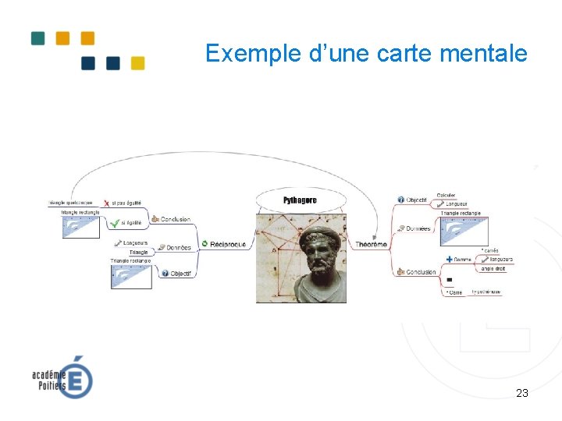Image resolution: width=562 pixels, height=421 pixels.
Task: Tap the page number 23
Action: tap(522, 393)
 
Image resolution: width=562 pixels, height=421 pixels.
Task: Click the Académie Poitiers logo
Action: tap(62, 377)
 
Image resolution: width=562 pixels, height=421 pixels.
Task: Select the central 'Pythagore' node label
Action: tap(300, 200)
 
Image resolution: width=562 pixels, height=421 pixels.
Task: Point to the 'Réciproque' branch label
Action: tap(228, 244)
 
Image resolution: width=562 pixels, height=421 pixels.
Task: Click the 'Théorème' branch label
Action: tap(371, 245)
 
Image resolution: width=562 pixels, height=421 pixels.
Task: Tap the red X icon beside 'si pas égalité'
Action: tap(106, 203)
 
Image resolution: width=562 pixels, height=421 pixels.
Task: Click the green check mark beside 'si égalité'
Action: tap(115, 223)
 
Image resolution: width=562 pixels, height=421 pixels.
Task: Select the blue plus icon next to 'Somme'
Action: tap(449, 259)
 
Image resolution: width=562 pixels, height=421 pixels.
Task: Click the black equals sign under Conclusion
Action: tap(449, 279)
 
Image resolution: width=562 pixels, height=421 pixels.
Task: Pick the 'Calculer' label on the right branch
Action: tap(446, 195)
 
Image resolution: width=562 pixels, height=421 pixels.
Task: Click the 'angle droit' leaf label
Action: tap(493, 268)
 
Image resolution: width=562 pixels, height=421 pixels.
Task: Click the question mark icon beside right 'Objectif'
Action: tap(400, 200)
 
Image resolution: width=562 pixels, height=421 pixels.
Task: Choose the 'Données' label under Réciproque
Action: tap(179, 248)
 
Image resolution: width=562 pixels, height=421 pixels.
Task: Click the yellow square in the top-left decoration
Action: tap(137, 63)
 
